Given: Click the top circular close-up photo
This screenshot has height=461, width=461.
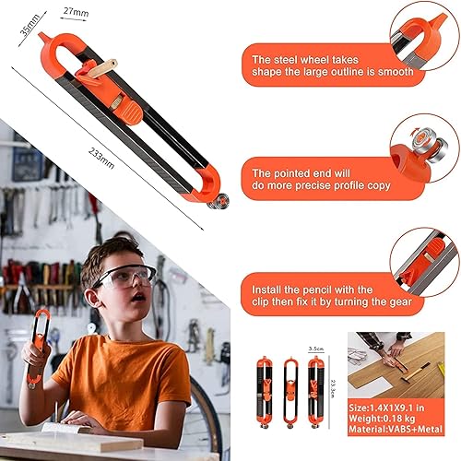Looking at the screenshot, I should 420,37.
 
